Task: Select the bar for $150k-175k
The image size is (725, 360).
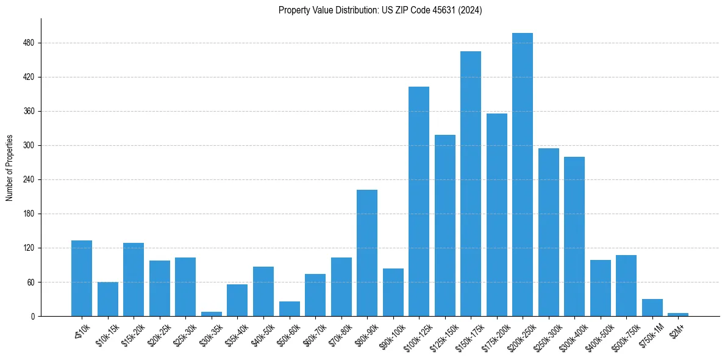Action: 471,184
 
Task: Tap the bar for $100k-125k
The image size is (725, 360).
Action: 419,201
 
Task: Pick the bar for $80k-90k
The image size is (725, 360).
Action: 367,253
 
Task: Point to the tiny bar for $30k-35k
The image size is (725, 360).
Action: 212,314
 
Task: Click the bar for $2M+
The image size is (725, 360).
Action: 678,314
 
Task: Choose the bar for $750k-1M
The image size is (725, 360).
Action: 652,308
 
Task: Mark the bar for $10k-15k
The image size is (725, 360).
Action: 108,299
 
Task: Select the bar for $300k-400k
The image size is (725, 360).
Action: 574,236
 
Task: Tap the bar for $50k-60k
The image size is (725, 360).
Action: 290,309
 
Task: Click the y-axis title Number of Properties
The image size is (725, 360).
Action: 9,167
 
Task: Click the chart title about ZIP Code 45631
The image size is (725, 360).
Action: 380,10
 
